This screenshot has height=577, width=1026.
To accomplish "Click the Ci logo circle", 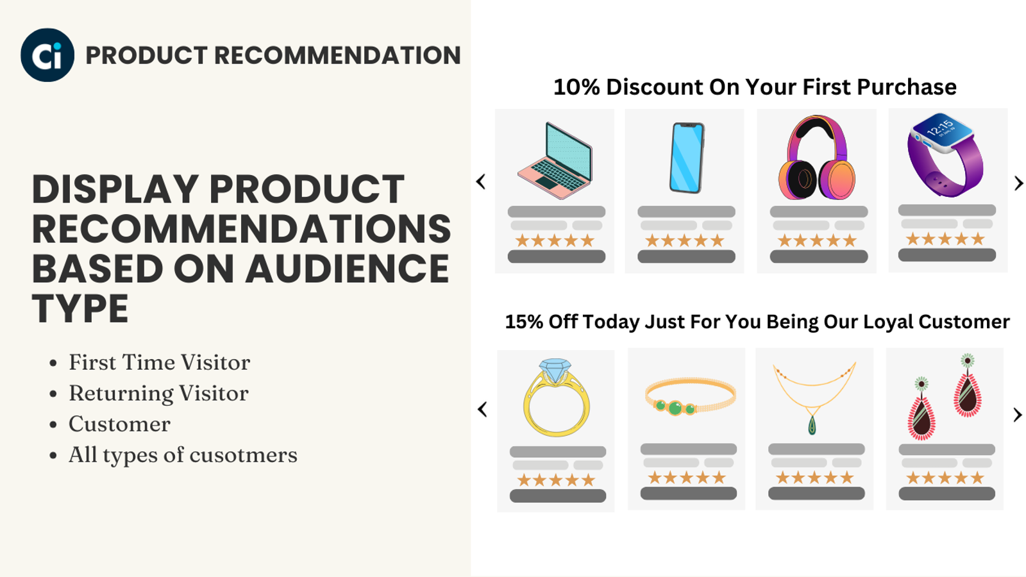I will [x=47, y=55].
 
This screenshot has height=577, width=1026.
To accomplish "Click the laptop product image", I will [x=555, y=160].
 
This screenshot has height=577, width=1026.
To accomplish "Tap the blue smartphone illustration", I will [x=687, y=158].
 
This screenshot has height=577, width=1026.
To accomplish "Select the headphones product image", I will [x=816, y=158].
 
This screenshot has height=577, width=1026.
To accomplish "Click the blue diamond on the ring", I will [x=555, y=370].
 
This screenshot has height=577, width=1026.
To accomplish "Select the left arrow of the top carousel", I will [x=482, y=182].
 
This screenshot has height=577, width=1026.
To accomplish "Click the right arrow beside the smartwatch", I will [x=1018, y=183].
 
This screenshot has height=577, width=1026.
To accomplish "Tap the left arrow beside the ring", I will [x=483, y=409].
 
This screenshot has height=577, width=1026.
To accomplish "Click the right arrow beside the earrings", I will [x=1018, y=415].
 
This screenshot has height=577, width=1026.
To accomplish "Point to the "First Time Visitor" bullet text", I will [x=159, y=363].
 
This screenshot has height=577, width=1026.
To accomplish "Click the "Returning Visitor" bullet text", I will [x=158, y=394].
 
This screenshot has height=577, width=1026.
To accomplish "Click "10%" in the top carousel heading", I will [x=576, y=87].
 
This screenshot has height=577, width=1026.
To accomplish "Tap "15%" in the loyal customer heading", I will [x=524, y=322].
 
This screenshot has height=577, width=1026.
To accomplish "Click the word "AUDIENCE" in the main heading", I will [x=347, y=269].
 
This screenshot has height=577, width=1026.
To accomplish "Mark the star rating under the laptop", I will [x=555, y=241].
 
